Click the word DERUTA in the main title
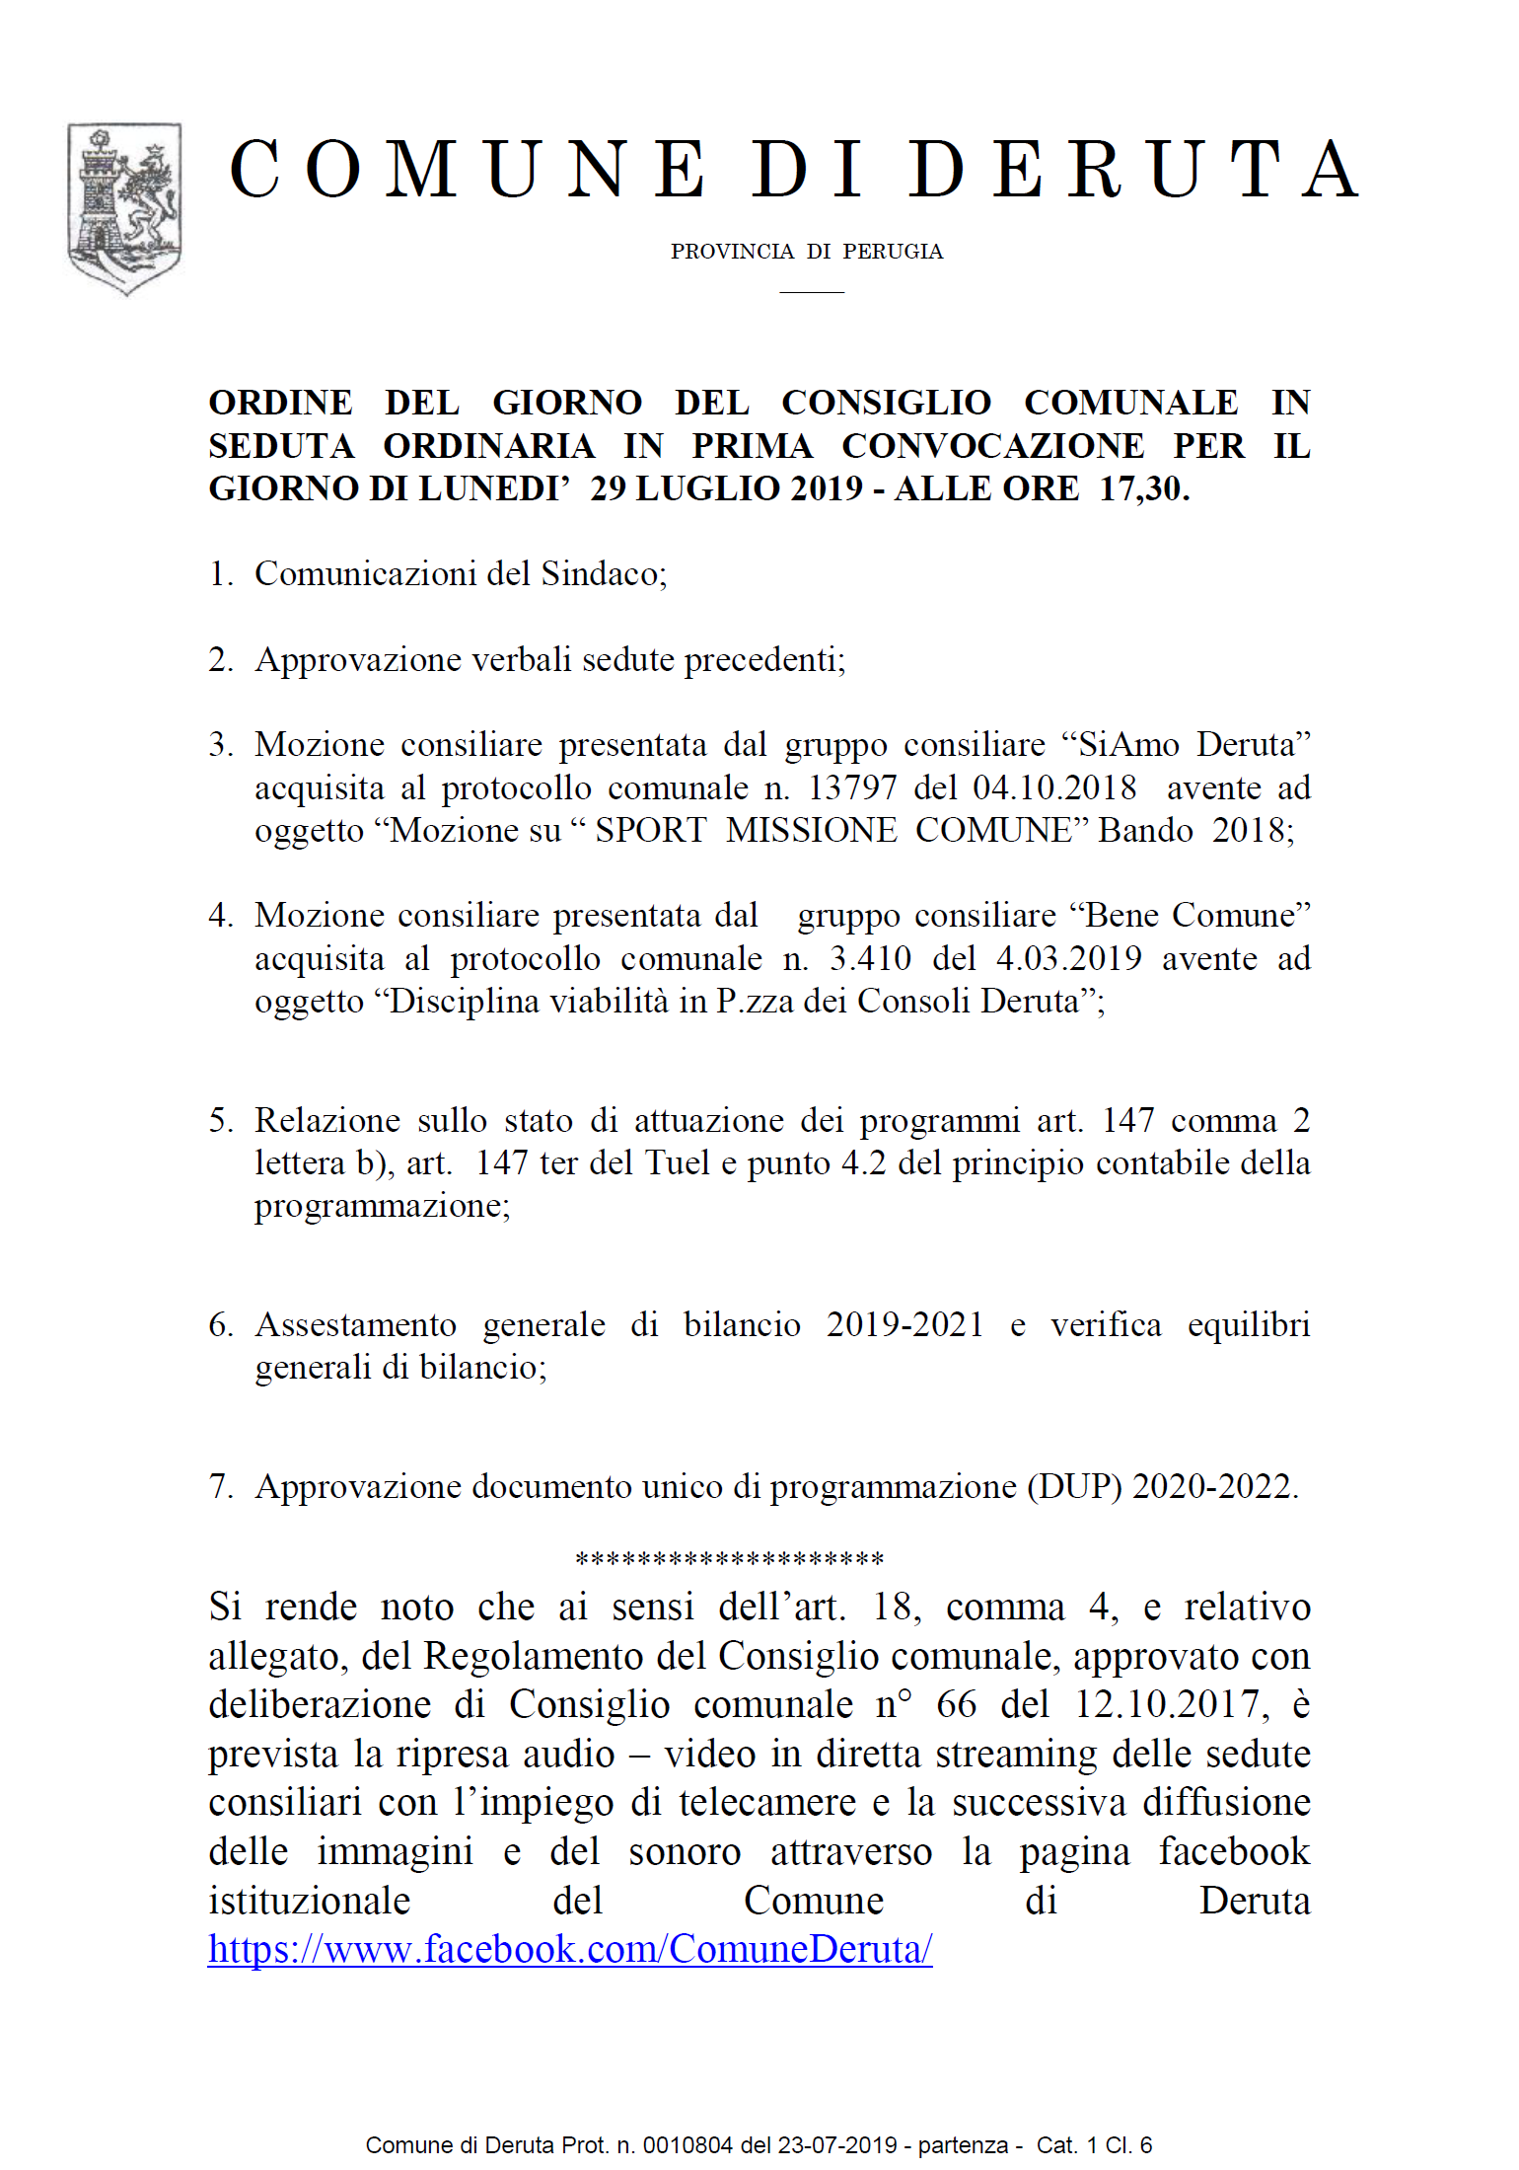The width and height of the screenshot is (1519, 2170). [x=1134, y=170]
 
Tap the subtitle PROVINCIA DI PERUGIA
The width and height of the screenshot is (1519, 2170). [x=807, y=252]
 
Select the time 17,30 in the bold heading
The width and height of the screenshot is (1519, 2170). [x=1144, y=488]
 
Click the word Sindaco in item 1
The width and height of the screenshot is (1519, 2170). [x=604, y=573]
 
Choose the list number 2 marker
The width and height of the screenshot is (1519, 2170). [x=219, y=659]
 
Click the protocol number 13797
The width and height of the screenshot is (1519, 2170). [x=852, y=787]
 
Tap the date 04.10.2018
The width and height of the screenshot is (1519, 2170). [x=1054, y=787]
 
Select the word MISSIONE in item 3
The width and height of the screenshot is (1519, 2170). [x=811, y=830]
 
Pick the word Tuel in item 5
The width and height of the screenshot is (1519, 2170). [x=677, y=1162]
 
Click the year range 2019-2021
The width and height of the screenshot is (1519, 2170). [x=905, y=1324]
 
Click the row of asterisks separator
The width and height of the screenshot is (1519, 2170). [x=729, y=1560]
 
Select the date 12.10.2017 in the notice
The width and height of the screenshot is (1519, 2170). [x=1167, y=1704]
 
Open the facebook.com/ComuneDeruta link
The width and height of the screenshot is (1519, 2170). [x=570, y=1949]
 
